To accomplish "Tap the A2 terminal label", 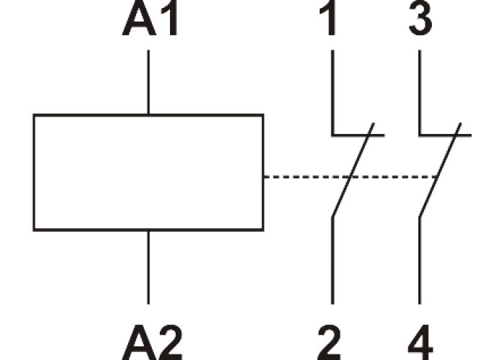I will (x=151, y=338).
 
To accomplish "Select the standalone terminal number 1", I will (x=330, y=22).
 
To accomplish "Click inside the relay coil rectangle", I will (x=148, y=173).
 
